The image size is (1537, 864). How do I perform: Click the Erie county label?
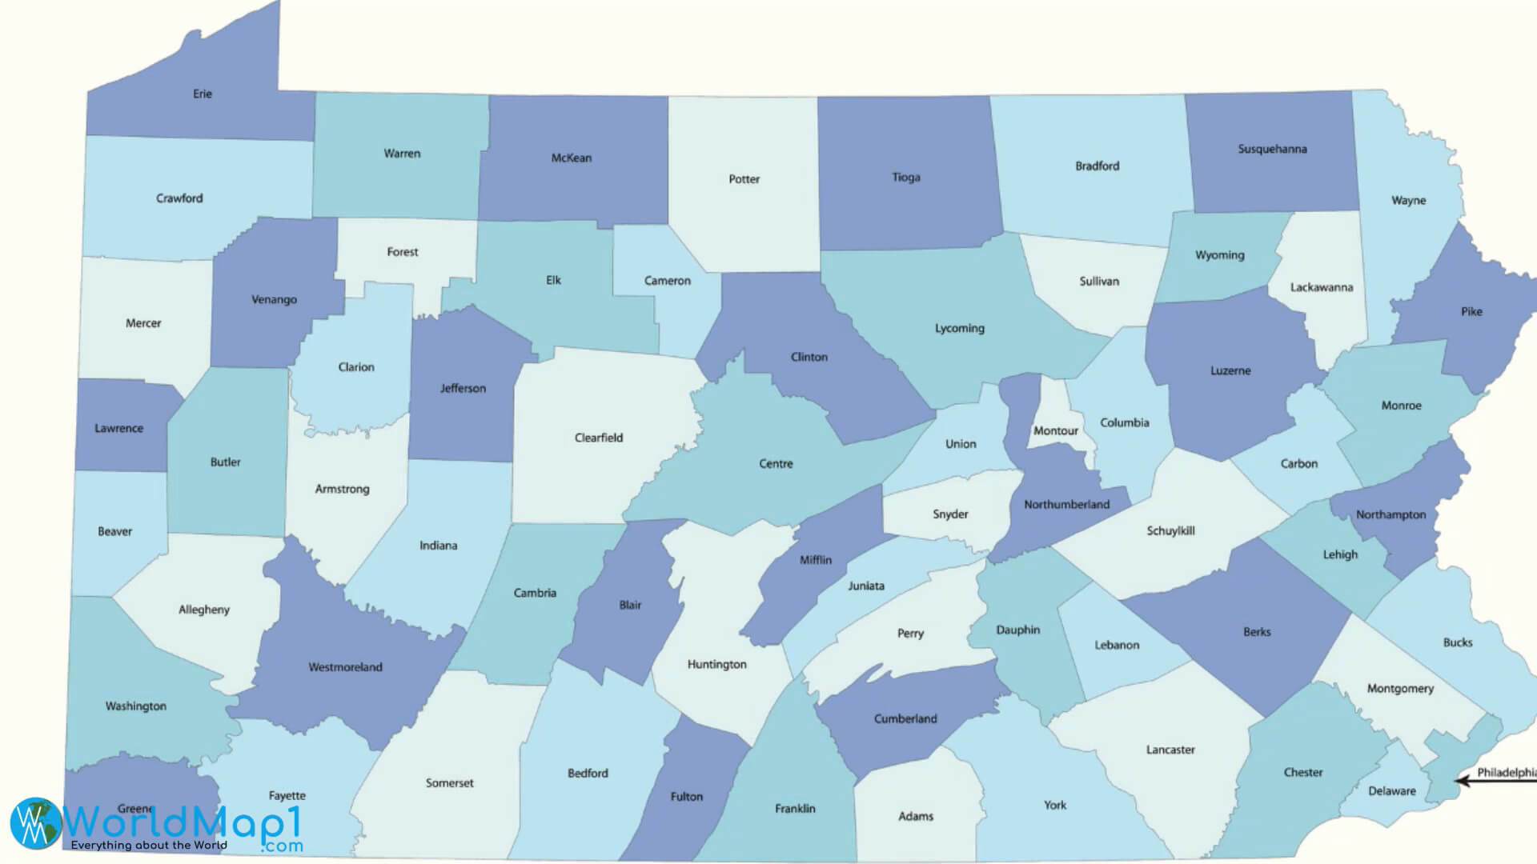coord(203,94)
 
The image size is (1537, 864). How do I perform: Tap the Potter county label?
coord(744,179)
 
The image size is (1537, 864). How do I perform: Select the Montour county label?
coord(1055,430)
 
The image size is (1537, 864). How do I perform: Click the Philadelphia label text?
coord(1506,772)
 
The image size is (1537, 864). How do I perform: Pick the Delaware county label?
coord(1391,790)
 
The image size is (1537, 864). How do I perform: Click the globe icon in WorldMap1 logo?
coord(36,822)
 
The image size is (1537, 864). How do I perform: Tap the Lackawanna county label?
coord(1321,287)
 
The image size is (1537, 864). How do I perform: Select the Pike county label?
coord(1471,312)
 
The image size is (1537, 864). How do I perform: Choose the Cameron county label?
coord(667,281)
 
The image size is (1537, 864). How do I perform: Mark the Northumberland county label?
coord(1066,504)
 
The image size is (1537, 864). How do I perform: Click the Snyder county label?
coord(950,514)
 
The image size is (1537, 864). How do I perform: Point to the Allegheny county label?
coord(203,610)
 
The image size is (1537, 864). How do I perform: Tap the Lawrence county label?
coord(118,428)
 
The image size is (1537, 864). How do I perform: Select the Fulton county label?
coord(686,797)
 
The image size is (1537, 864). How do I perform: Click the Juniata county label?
coord(865,586)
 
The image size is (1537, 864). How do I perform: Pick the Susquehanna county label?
coord(1272,149)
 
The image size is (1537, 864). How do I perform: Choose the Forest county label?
coord(402,252)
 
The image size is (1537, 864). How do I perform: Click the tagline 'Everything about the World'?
coord(149,845)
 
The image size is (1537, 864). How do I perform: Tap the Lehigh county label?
coord(1339,554)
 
